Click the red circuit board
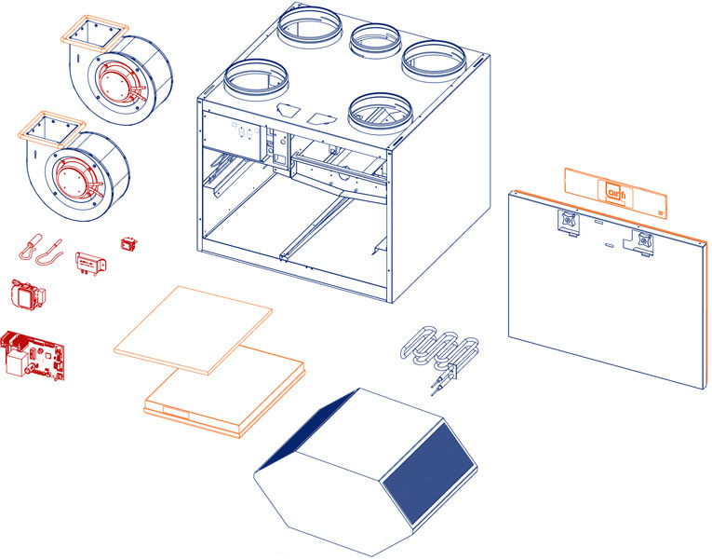[x=33, y=355]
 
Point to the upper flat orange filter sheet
[x=193, y=330]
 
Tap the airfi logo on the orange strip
[x=616, y=191]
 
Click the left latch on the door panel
[x=569, y=223]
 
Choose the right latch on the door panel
[x=641, y=242]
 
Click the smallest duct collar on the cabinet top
[x=375, y=38]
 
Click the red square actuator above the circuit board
[x=27, y=295]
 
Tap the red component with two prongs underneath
[x=90, y=263]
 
